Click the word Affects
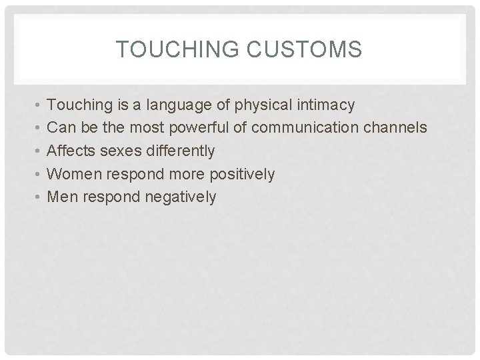[73, 151]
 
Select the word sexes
[121, 151]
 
